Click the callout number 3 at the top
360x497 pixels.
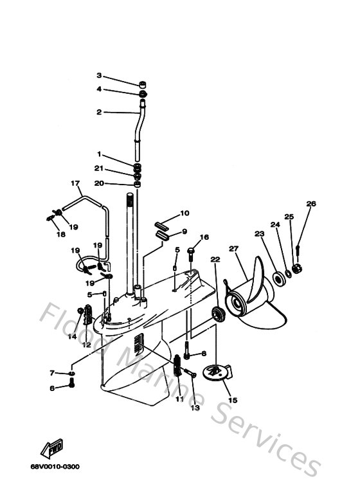(99, 75)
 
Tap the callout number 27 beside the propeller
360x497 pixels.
(233, 249)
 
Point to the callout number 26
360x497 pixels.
(311, 204)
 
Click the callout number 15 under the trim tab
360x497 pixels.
(232, 400)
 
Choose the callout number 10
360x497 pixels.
(184, 213)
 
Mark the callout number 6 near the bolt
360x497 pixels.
(52, 388)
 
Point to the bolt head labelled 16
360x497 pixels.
(191, 251)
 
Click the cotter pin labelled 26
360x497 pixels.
(299, 246)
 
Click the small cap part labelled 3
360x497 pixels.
(141, 84)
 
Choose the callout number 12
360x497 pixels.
(85, 345)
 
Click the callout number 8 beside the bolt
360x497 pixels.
(204, 354)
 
